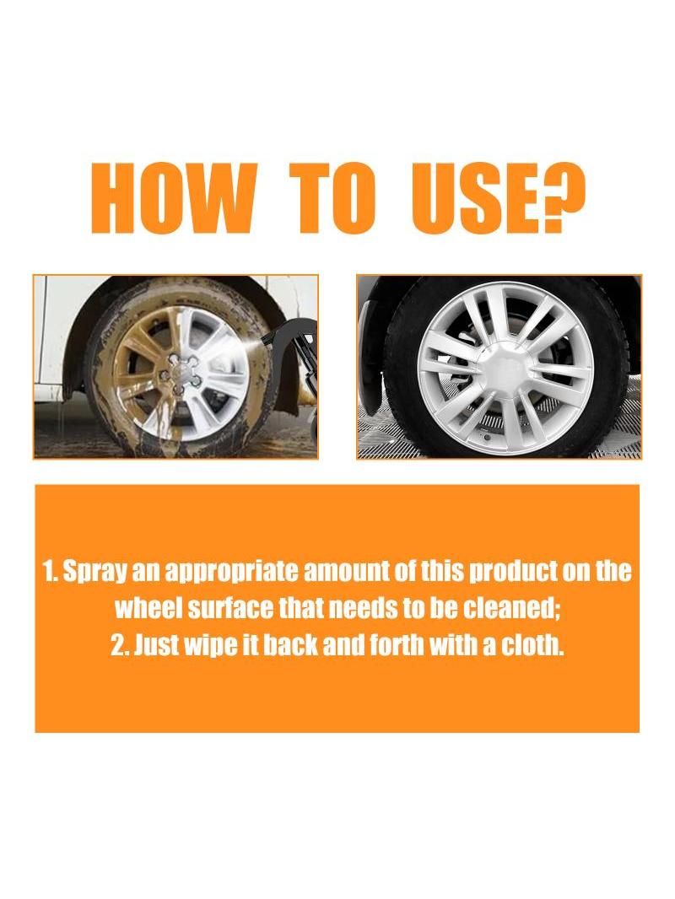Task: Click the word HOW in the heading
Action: (x=173, y=201)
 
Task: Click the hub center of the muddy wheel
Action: (x=184, y=374)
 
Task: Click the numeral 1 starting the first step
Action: (x=49, y=572)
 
